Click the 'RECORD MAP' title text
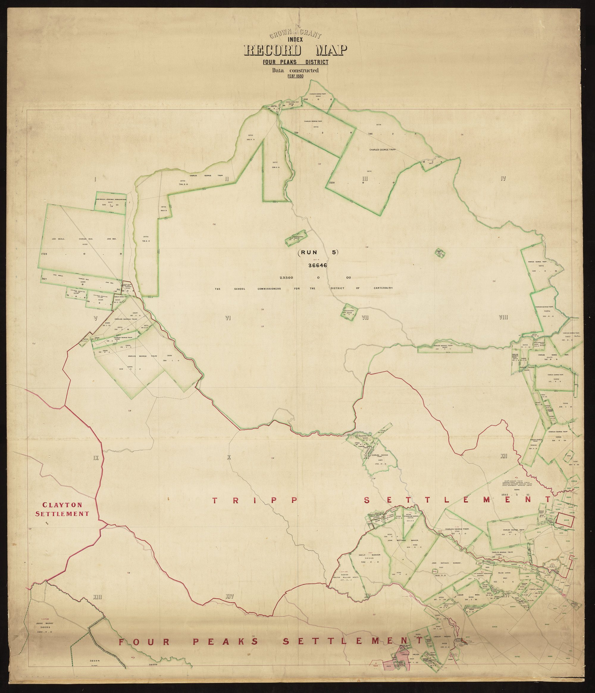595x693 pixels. coord(295,51)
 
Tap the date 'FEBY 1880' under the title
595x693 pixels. coord(295,76)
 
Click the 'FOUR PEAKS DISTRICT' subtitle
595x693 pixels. coord(295,62)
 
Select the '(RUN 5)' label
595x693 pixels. coord(318,253)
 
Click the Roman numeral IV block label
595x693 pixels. coord(503,179)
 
